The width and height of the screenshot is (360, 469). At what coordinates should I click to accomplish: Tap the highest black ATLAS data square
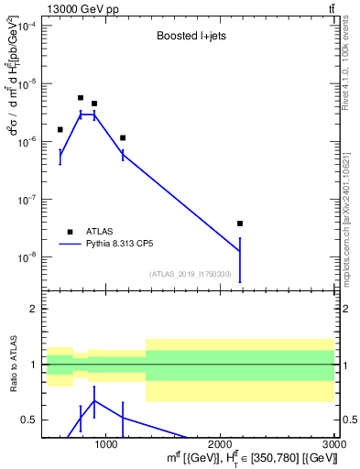click(81, 98)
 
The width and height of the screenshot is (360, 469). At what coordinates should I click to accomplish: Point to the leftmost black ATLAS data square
click(60, 130)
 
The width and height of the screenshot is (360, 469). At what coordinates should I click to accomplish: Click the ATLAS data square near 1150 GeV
click(123, 138)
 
